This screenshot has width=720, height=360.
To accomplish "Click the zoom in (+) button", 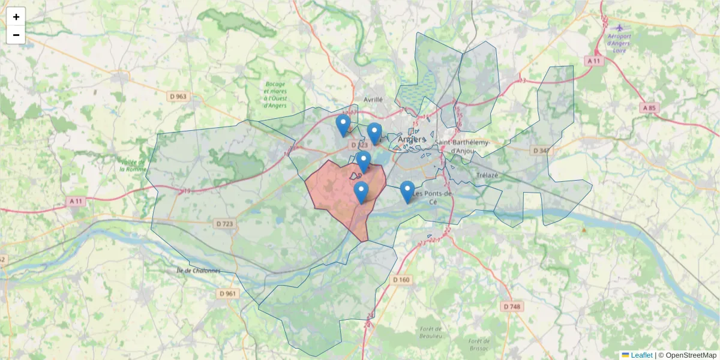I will (x=16, y=17).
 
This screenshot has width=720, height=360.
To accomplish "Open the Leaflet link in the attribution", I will (x=641, y=355).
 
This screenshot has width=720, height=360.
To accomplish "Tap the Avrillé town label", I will (x=373, y=100).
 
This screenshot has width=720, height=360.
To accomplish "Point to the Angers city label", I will (x=411, y=140).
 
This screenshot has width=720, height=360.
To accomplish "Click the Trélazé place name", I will (x=487, y=175).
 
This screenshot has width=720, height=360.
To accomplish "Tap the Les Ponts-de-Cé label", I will (x=434, y=197).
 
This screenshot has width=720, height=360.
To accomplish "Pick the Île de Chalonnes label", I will (x=199, y=271).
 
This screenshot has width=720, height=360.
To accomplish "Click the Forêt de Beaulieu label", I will (x=431, y=332).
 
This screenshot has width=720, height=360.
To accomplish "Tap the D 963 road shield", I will (x=178, y=96).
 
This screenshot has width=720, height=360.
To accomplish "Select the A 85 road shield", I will (x=648, y=108).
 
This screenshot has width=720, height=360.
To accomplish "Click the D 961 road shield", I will (x=227, y=293).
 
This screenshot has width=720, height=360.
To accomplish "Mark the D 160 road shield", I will (x=401, y=280).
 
